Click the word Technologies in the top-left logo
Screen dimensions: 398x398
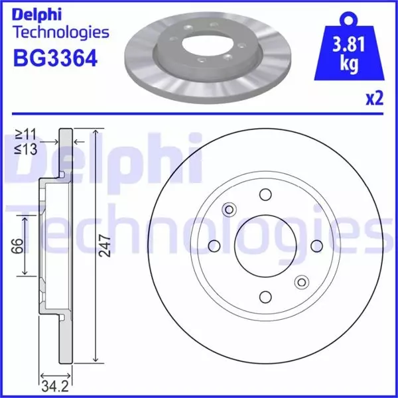point(60,32)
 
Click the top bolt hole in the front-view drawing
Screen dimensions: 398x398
point(265,194)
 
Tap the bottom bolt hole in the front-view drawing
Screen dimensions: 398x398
point(265,297)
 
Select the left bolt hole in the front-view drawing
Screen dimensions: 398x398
point(214,246)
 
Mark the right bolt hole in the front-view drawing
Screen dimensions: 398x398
point(316,246)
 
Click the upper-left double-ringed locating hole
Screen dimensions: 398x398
point(230,210)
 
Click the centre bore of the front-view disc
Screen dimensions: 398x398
point(265,245)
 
